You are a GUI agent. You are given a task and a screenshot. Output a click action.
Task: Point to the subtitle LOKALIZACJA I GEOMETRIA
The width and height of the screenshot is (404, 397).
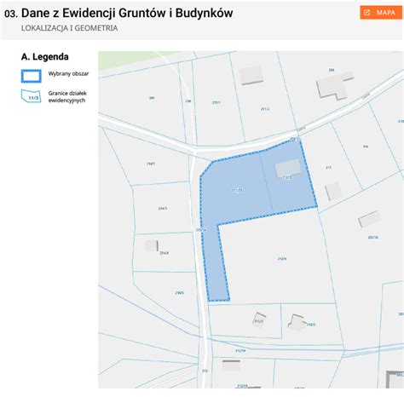click(69, 28)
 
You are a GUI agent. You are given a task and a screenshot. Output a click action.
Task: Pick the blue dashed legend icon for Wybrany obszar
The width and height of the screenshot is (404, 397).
click(31, 74)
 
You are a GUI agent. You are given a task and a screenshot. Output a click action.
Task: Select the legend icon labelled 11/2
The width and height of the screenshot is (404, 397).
click(31, 95)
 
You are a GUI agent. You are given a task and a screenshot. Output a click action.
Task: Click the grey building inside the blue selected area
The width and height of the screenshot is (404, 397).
click(289, 168)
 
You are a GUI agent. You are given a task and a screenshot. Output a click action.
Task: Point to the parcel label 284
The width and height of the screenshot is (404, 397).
click(332, 69)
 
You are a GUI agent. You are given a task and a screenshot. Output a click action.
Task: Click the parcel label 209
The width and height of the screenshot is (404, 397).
click(152, 98)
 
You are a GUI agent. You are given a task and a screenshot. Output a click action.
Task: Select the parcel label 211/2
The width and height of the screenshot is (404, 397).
click(264, 109)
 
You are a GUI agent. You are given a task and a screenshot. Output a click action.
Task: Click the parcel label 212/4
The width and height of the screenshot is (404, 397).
click(281, 260)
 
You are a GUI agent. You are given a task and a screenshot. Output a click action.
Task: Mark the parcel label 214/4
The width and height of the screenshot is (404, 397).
click(164, 253)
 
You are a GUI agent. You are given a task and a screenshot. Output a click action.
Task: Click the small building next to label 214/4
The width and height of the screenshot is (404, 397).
click(151, 245)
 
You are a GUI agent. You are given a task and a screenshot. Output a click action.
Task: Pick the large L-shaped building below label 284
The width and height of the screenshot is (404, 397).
click(332, 86)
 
